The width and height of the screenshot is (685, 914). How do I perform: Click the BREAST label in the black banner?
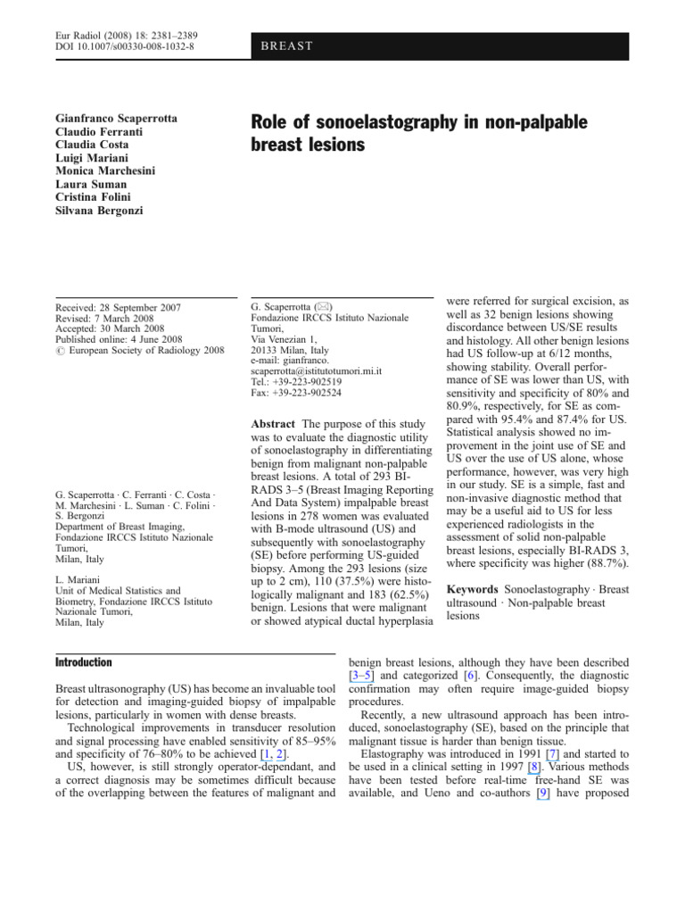(x=287, y=46)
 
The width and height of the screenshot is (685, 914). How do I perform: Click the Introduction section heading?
(x=84, y=663)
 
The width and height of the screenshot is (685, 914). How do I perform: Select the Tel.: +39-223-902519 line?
(x=296, y=381)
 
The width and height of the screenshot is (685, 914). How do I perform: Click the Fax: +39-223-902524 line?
(x=296, y=392)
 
